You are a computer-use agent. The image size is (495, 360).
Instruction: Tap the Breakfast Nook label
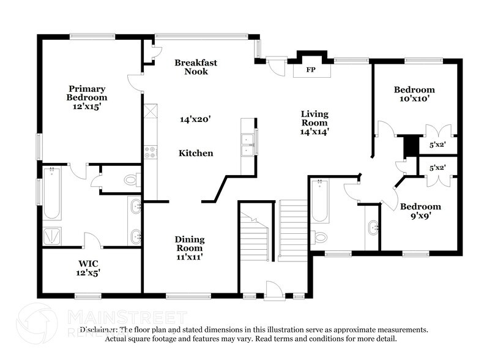pos(196,67)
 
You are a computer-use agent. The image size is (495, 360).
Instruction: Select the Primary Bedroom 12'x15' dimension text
pos(87,106)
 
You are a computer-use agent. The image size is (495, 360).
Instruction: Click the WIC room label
pos(84,264)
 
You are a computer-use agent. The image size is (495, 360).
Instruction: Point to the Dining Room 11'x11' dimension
pos(190,257)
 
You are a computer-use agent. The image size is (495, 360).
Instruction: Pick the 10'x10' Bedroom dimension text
pos(414,98)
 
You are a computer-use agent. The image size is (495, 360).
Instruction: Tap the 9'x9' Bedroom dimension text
pos(420,216)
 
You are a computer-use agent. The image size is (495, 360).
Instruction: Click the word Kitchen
pos(196,153)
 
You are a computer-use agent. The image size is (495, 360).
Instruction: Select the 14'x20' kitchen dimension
pos(195,120)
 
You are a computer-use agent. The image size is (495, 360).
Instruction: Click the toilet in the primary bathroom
pos(131,180)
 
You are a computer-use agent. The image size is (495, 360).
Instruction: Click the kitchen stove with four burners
pos(151,152)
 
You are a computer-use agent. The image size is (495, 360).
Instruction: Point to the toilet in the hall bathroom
pos(320,237)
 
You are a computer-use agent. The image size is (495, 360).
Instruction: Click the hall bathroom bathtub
pos(319,201)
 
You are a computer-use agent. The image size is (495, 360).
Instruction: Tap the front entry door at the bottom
pos(273,291)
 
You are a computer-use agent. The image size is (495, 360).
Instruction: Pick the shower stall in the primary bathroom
pos(51,236)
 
